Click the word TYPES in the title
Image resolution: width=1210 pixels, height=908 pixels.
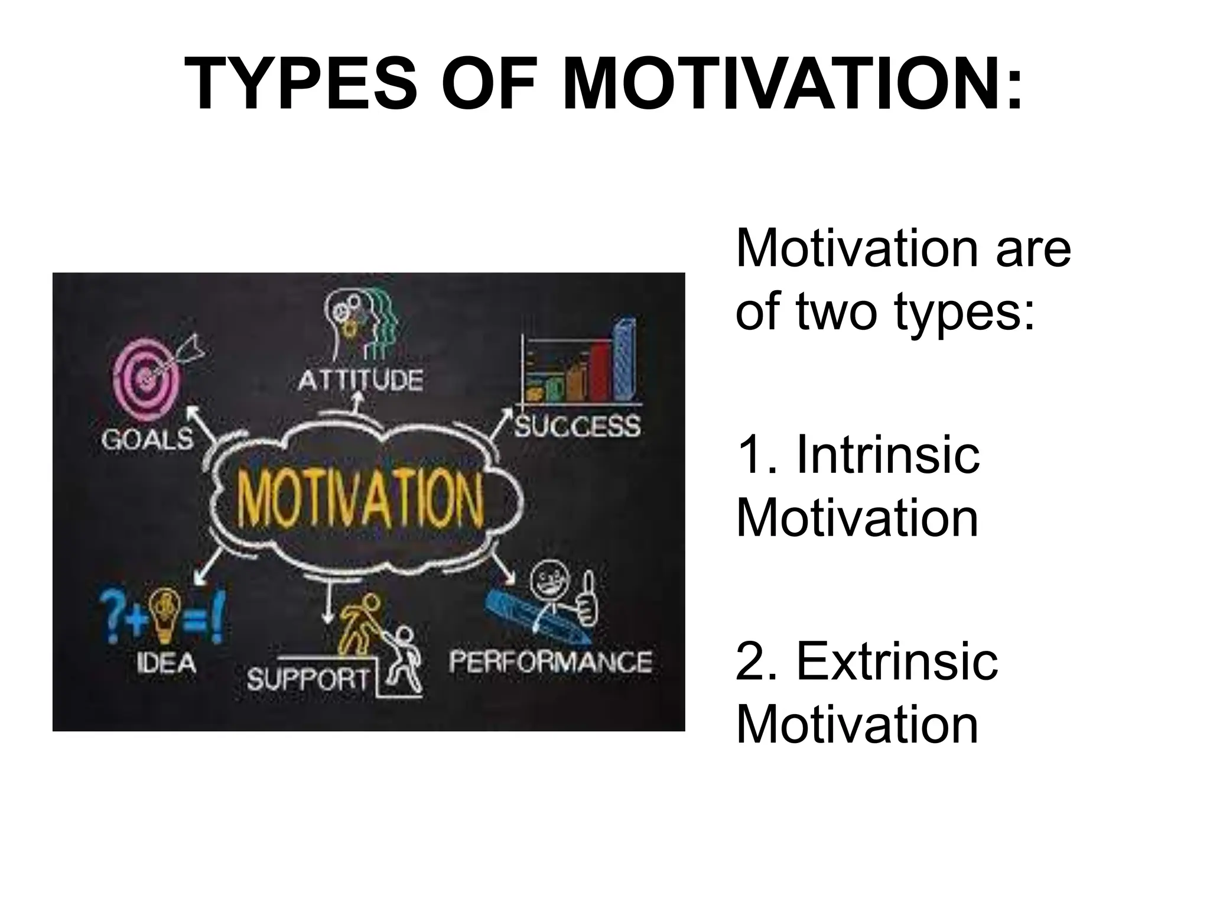pyautogui.click(x=301, y=85)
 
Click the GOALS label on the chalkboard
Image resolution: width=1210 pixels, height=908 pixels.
pyautogui.click(x=147, y=439)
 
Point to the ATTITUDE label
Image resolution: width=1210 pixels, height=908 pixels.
pyautogui.click(x=360, y=380)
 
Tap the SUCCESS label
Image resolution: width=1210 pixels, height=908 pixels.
pyautogui.click(x=577, y=426)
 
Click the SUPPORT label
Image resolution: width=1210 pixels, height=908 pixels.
pyautogui.click(x=308, y=680)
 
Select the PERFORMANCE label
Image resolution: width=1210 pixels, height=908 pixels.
pyautogui.click(x=550, y=661)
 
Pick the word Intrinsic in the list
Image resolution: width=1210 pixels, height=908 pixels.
pyautogui.click(x=887, y=455)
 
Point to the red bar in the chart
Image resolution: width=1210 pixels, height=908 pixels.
pyautogui.click(x=600, y=371)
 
